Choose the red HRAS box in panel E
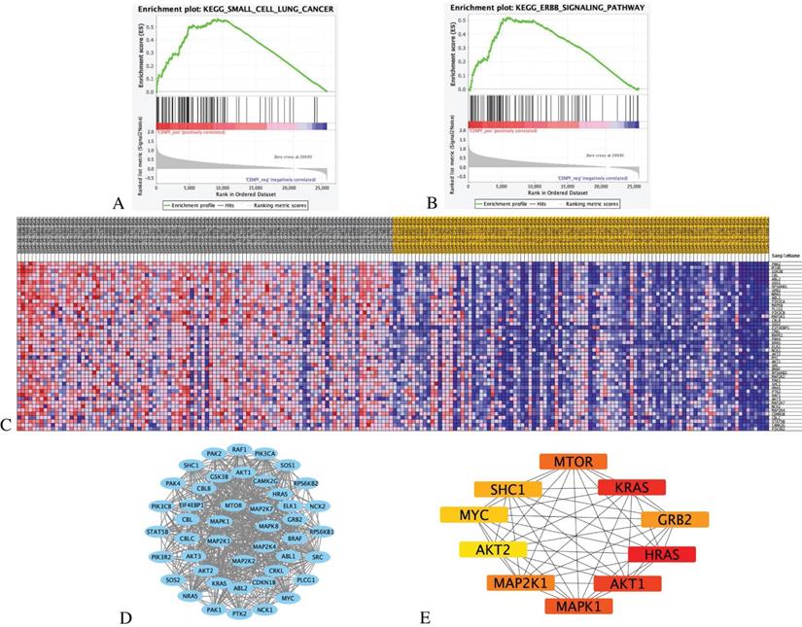[x=661, y=554]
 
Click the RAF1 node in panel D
[x=239, y=452]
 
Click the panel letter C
[x=8, y=424]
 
